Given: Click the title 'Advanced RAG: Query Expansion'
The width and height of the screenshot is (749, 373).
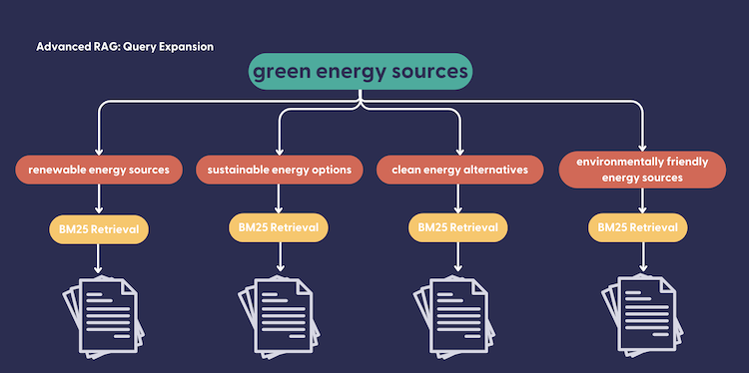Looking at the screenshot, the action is click(x=125, y=47).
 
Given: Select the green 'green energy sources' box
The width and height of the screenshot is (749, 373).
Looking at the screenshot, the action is click(x=361, y=72).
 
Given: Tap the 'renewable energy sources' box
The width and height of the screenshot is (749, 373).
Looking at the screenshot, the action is click(x=99, y=170).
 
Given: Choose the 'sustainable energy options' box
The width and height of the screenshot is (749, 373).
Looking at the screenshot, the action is click(x=280, y=170).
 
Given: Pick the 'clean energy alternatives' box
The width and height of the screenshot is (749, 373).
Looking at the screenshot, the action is click(x=460, y=170).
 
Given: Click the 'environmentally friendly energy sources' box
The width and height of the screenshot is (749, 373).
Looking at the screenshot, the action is click(x=642, y=170).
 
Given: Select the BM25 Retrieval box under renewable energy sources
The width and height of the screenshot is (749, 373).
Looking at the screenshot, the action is click(x=99, y=229).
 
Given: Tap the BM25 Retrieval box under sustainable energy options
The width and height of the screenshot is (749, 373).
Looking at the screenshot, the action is click(x=279, y=227).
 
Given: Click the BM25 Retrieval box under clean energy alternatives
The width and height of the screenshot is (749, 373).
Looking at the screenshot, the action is click(x=458, y=227).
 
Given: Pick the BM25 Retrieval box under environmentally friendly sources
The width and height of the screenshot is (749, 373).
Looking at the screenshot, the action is click(x=638, y=227).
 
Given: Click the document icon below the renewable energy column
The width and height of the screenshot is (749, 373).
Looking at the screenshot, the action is click(x=104, y=316).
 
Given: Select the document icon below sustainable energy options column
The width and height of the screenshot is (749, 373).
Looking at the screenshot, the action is click(x=280, y=316).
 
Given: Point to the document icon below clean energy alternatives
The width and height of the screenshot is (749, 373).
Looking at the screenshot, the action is click(x=454, y=316).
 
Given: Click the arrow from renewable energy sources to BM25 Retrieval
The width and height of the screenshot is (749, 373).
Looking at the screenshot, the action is click(x=99, y=198).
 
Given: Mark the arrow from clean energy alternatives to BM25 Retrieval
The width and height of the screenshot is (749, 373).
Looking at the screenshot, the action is click(x=458, y=198).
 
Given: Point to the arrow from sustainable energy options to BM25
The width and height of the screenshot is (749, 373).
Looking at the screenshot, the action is click(x=279, y=198).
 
